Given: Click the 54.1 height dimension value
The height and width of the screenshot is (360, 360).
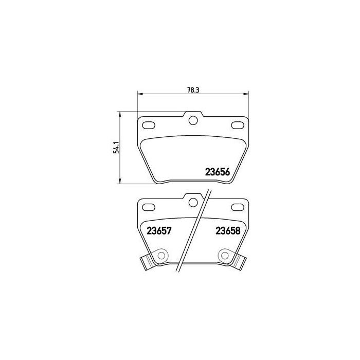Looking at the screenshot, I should pos(117,149).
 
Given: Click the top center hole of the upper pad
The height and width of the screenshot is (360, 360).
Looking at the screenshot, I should pos(193,121).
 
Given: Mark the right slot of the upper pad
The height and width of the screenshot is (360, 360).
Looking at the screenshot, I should pos(238,125).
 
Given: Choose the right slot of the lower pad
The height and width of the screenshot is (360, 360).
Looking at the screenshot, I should pos(238,207).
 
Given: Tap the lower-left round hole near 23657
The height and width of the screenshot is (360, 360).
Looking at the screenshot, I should pos(161,255).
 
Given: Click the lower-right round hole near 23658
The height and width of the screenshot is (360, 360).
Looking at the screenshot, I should pos(225,255).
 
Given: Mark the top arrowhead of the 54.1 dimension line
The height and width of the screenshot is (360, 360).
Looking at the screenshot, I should pos(120,114).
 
